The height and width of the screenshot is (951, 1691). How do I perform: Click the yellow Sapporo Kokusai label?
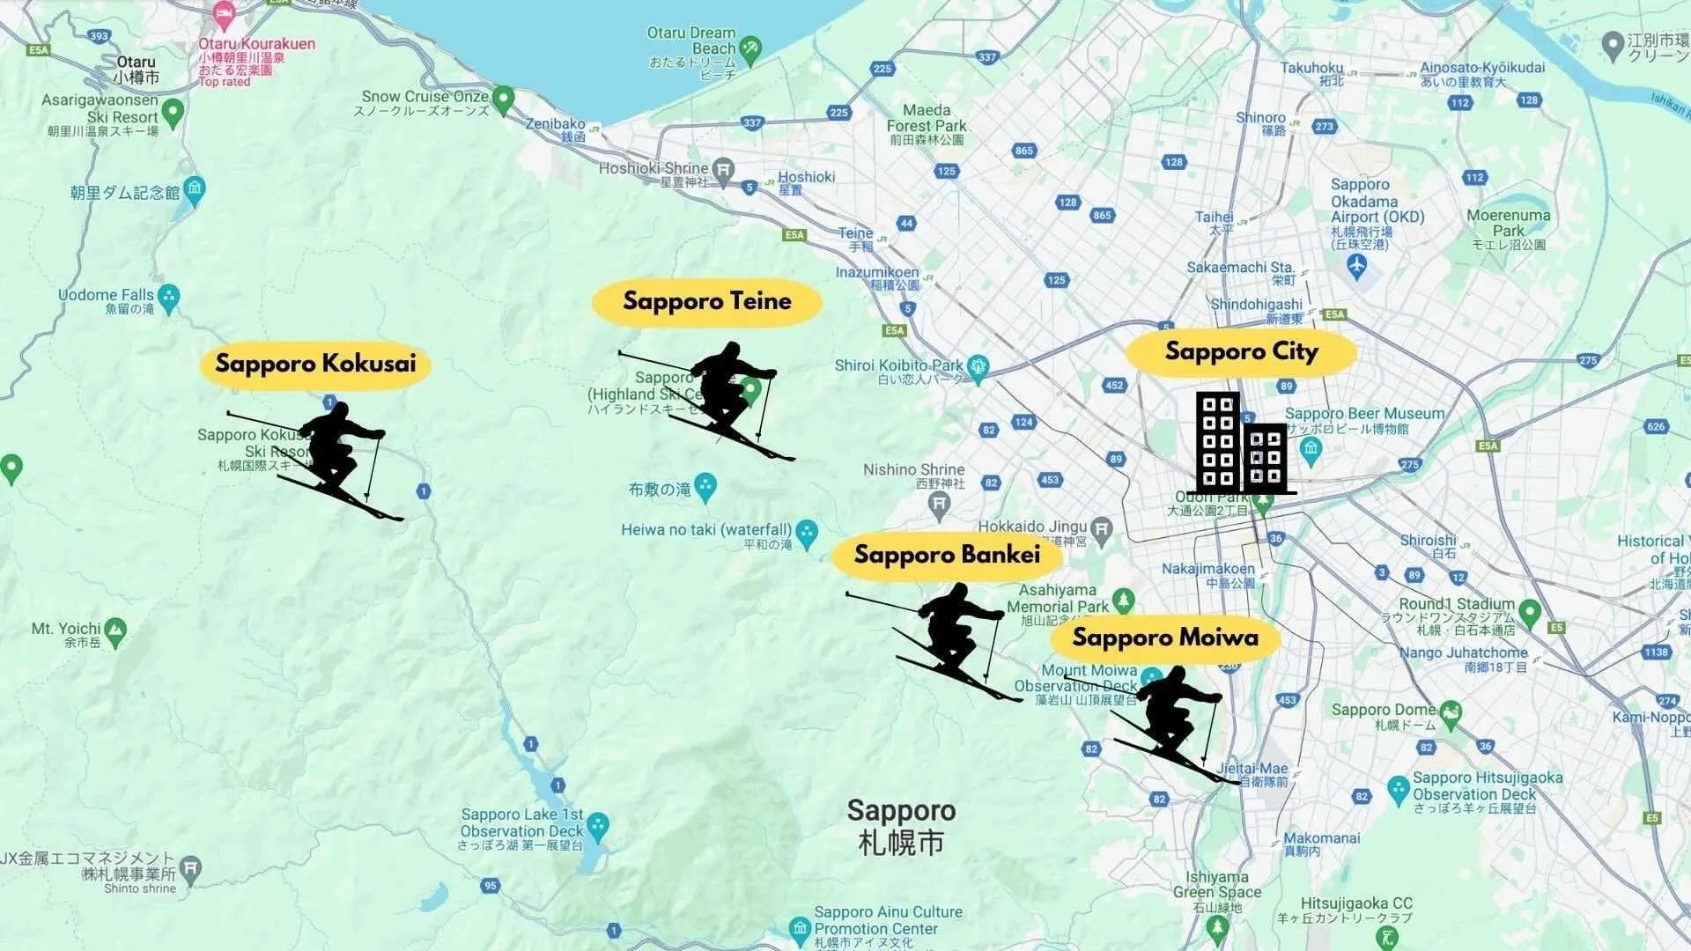coord(315,364)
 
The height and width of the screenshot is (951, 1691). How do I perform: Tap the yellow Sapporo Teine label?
coord(706,302)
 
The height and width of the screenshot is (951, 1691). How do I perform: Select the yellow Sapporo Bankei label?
coord(947,555)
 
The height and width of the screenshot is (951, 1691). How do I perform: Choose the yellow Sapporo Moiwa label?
coord(1165,638)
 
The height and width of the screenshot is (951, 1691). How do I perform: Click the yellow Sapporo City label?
coord(1241,352)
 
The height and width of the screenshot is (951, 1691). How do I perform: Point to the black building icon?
coord(1241,443)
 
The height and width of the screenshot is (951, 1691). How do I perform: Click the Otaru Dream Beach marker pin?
coord(750,48)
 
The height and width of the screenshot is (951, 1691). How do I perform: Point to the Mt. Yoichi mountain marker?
coord(114,630)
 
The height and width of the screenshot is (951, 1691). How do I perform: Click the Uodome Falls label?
coord(106,295)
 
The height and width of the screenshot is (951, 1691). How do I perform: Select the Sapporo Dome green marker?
coord(1451,710)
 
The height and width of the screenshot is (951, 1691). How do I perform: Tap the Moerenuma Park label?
coord(1508,223)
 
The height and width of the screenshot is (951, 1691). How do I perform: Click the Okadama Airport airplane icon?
coord(1357,265)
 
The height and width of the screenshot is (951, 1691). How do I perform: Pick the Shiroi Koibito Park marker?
coord(977,365)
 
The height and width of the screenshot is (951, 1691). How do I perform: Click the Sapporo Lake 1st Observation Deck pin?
coord(597,824)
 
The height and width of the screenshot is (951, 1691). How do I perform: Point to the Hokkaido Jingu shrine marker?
coord(1101,527)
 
